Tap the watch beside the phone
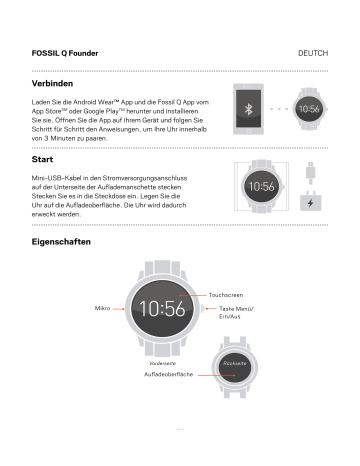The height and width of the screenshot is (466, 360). [308, 108]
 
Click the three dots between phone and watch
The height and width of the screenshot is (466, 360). [278, 108]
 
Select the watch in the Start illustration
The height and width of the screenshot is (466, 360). [260, 187]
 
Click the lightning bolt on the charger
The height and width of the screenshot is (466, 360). [311, 205]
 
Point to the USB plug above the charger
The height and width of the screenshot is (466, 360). [311, 176]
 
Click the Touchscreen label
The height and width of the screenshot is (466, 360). [225, 295]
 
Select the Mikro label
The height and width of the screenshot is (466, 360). [102, 309]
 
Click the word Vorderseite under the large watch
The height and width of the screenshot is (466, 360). [162, 361]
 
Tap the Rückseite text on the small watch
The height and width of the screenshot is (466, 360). [235, 363]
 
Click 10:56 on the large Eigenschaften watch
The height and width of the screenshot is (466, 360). [162, 309]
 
